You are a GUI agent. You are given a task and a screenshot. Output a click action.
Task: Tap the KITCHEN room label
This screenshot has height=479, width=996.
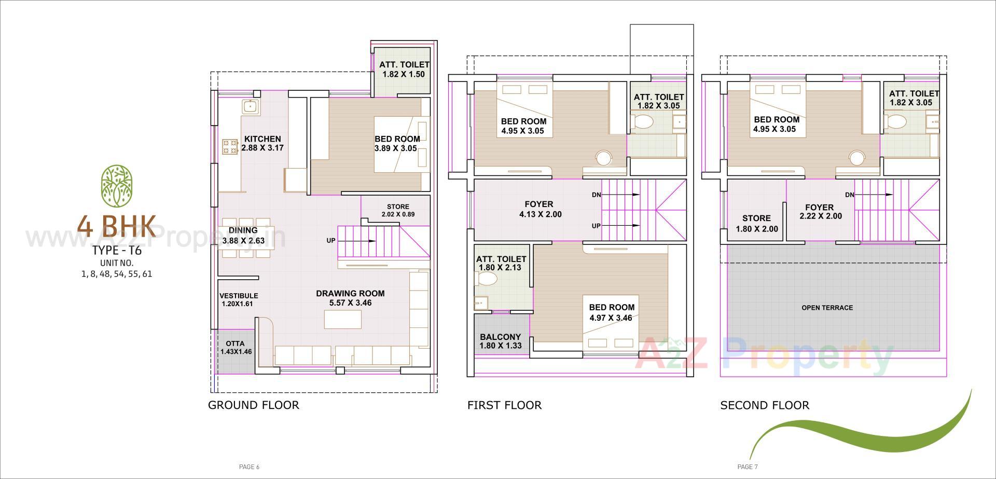tap(262, 139)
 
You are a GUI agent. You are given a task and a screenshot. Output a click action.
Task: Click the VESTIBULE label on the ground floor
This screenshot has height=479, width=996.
tap(239, 296)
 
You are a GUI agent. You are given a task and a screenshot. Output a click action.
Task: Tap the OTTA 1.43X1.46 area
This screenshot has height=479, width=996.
tap(236, 347)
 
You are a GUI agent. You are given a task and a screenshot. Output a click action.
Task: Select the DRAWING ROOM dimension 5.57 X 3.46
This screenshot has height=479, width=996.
tap(350, 303)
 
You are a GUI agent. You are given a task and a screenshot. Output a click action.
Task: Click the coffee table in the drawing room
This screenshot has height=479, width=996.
tap(342, 319)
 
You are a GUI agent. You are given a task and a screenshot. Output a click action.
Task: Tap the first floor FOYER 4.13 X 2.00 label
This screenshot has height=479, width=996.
tap(539, 209)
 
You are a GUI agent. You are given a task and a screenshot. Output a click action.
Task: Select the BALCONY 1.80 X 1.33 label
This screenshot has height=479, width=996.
tap(500, 341)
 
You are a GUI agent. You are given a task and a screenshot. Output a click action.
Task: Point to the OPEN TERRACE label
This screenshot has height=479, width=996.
tap(827, 308)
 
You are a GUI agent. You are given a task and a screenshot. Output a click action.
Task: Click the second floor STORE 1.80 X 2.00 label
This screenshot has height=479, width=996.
tap(756, 223)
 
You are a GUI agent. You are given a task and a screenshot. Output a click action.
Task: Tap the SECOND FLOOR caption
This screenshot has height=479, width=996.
tap(764, 405)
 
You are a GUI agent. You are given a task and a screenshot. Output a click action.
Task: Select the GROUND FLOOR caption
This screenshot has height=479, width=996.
tap(253, 405)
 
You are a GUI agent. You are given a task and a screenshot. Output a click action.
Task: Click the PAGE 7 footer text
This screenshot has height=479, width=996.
tap(748, 467)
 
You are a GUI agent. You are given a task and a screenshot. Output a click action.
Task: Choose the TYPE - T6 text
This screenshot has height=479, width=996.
tap(117, 251)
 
